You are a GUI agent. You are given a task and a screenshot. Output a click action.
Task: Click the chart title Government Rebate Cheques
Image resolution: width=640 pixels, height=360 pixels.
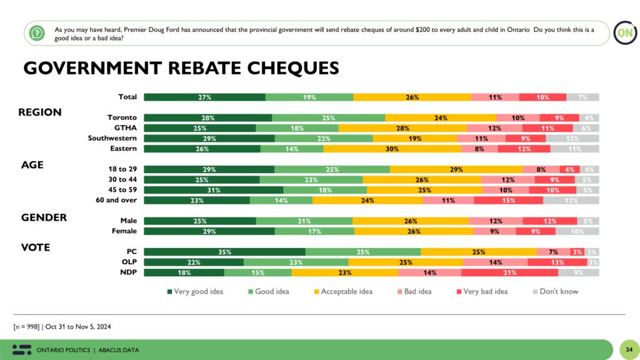pos(181,67)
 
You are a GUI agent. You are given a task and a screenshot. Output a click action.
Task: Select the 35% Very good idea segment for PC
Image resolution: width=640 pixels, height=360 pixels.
pos(224,252)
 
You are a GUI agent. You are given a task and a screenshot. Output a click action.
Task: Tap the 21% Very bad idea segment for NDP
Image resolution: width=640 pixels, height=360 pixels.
pos(509,272)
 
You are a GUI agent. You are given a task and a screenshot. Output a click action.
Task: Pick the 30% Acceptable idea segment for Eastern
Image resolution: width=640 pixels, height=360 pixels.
pos(392,149)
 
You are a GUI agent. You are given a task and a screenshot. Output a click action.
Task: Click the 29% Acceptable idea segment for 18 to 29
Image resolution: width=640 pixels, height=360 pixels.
pos(456,169)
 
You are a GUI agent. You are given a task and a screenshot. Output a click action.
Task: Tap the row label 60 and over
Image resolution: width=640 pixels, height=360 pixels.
pos(117,200)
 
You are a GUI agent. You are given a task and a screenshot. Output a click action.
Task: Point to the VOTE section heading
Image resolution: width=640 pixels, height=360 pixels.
pos(36,247)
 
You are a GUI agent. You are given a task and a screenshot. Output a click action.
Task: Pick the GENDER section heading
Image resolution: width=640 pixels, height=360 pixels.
pos(44,217)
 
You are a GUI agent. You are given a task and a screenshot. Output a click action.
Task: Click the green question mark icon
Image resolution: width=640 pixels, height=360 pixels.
pos(37,32)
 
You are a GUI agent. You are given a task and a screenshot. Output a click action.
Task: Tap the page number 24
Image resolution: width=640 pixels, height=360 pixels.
pos(628,349)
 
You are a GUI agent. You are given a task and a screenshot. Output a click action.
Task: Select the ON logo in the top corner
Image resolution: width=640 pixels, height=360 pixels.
pos(623,32)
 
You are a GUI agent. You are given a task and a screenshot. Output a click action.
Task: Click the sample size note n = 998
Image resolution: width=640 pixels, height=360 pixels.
pos(61,327)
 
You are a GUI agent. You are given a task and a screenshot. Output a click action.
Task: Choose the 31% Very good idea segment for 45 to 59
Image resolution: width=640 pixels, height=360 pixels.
pos(213,190)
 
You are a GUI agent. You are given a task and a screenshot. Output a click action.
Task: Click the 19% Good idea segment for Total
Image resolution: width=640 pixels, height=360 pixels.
pos(309,97)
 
